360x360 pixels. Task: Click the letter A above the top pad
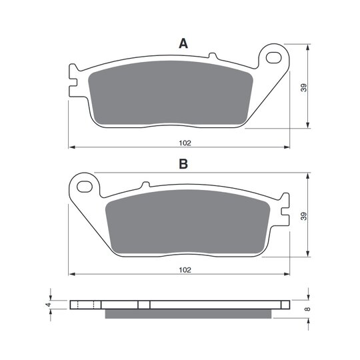[183, 43]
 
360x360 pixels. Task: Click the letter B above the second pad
[183, 164]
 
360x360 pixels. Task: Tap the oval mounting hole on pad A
[274, 57]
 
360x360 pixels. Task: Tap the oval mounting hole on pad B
[85, 187]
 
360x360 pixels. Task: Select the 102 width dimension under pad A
[185, 143]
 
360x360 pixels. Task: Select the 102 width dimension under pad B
[185, 270]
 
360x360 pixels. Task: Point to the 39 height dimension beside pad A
[303, 87]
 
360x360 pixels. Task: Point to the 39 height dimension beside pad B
[303, 216]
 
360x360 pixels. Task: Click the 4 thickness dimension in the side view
[48, 305]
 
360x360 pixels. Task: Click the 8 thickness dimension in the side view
[308, 309]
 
